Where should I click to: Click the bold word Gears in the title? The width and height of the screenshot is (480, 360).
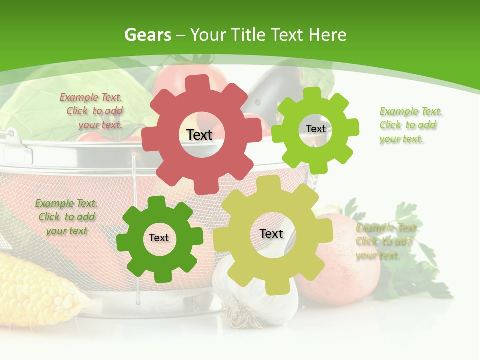(147, 35)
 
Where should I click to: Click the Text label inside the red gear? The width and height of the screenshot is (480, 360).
(199, 135)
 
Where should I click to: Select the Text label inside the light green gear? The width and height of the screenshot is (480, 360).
(315, 129)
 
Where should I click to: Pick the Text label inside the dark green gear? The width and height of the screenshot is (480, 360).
(159, 238)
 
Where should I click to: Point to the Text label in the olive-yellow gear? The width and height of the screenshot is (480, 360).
(271, 234)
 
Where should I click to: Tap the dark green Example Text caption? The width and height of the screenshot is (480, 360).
(66, 217)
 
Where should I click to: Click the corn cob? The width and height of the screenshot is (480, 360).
(35, 290)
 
